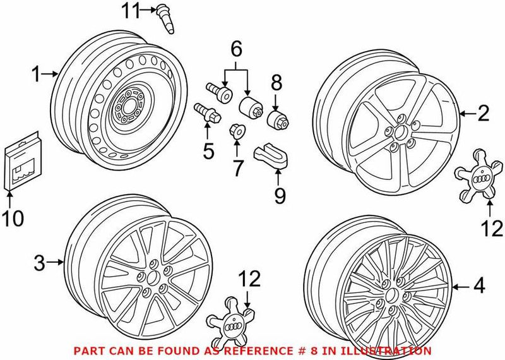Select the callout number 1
(x=37, y=75)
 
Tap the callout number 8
(x=276, y=83)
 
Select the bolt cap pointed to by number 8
(x=276, y=120)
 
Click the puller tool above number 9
(x=271, y=156)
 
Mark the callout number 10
(x=13, y=219)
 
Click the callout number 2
(x=483, y=114)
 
